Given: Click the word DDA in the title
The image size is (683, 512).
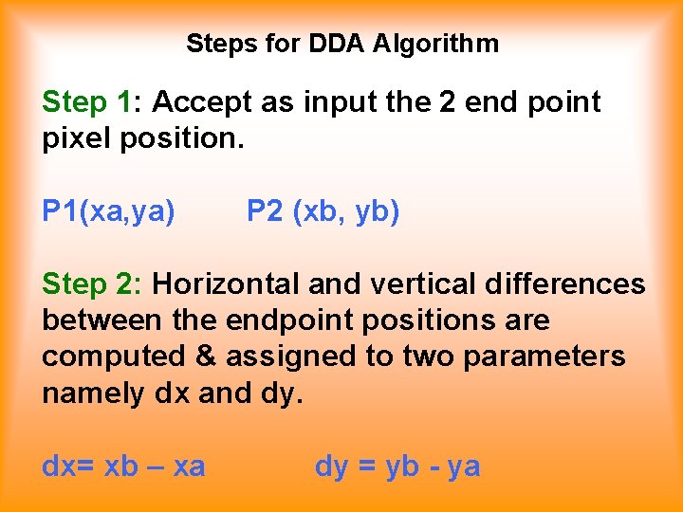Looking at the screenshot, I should [339, 44].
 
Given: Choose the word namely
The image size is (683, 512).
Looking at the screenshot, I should [93, 393].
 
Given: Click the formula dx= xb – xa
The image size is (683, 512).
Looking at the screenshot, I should [123, 466].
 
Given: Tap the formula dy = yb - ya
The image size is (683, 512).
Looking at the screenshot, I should [397, 466].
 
